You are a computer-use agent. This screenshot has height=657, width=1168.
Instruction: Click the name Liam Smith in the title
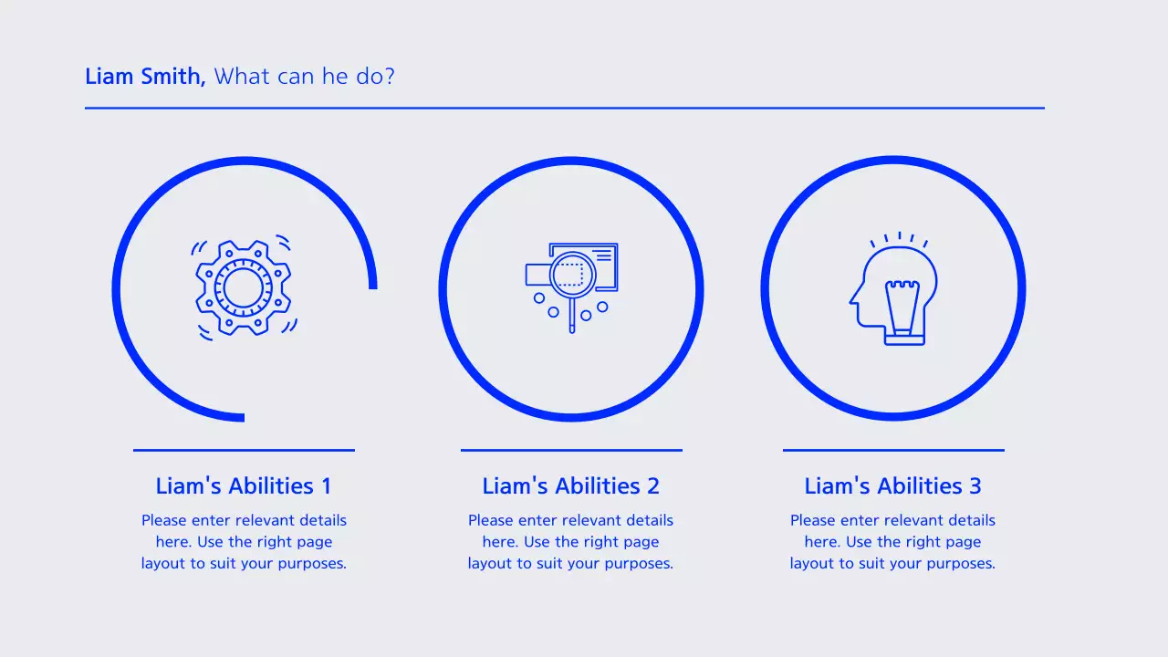(x=144, y=77)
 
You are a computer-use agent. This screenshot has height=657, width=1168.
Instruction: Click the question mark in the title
(x=390, y=77)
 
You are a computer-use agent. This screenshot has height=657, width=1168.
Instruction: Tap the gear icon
(x=243, y=288)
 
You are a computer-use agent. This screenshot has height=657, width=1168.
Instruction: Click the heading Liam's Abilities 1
(x=244, y=486)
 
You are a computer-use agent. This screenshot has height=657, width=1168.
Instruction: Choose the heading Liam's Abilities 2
(x=570, y=486)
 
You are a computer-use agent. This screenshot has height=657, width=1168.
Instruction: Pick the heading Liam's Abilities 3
(x=892, y=486)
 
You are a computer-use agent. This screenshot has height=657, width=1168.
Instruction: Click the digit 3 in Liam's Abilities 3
(x=975, y=486)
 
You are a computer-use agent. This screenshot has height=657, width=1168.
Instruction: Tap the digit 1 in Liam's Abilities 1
(x=326, y=486)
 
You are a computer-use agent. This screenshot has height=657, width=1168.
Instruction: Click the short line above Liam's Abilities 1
(x=244, y=450)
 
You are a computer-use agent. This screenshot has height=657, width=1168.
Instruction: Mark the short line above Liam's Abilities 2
(x=571, y=450)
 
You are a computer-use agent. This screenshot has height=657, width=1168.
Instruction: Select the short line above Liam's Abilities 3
(x=893, y=450)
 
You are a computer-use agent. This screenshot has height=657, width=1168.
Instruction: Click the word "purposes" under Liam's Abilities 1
(x=311, y=565)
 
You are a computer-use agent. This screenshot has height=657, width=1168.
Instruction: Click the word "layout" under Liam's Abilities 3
(x=812, y=564)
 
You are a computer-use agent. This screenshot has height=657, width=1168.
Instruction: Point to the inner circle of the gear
(x=243, y=288)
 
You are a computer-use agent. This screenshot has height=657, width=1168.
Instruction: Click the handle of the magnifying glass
(x=572, y=317)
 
